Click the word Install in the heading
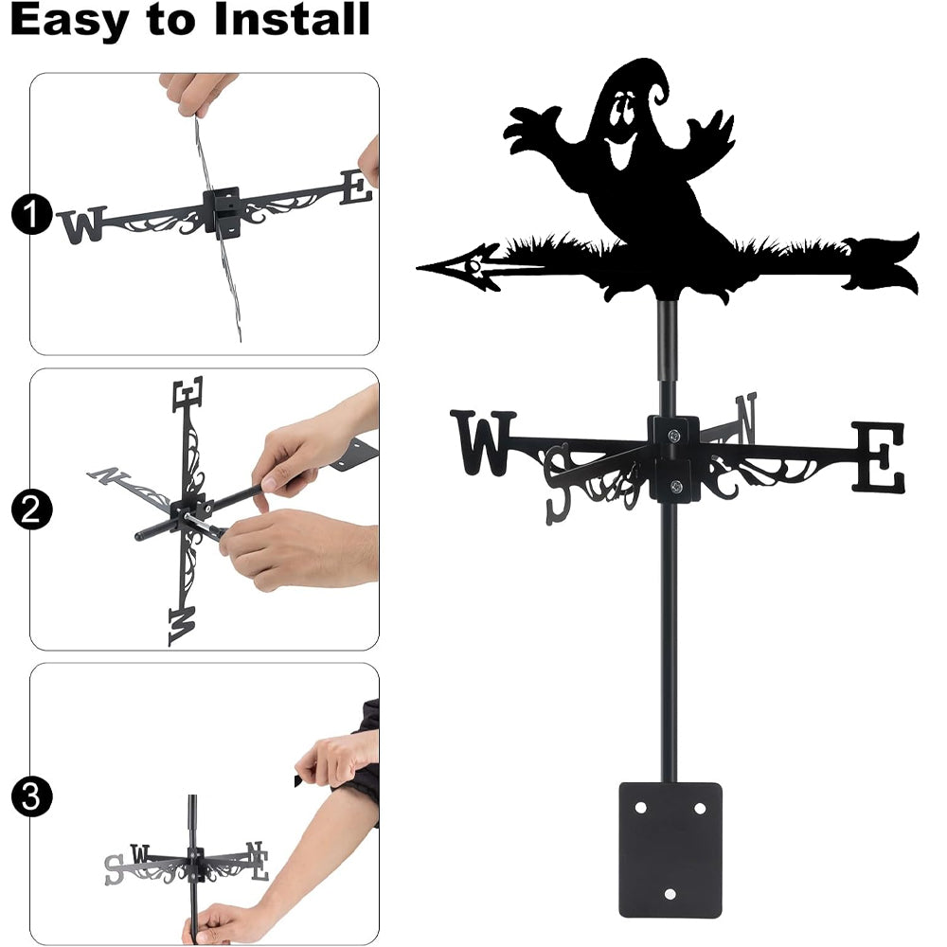(x=291, y=19)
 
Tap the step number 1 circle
(x=31, y=214)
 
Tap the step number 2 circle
(x=31, y=509)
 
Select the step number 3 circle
(x=31, y=796)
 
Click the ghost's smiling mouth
(x=619, y=149)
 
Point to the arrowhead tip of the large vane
(x=418, y=267)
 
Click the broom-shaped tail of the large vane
(x=881, y=263)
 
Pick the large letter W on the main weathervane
(x=483, y=442)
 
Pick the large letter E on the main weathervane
(x=880, y=457)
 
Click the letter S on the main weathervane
(x=558, y=484)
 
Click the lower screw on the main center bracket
(x=676, y=486)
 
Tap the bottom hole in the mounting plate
(x=670, y=894)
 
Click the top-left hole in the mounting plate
(x=641, y=808)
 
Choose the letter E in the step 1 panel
(x=356, y=188)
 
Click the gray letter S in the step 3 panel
(x=114, y=869)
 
